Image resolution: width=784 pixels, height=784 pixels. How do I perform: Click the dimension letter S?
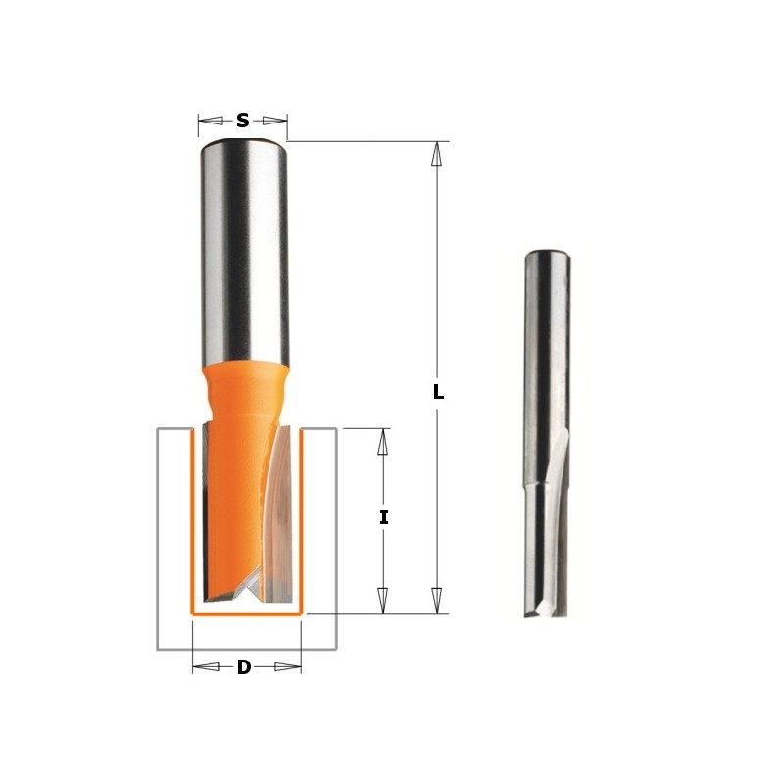tap(242, 122)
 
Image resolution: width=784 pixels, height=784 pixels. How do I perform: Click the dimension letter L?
tap(438, 392)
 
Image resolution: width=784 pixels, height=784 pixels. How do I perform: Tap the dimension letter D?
tap(244, 667)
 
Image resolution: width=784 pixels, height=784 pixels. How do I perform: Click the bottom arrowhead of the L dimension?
tap(438, 601)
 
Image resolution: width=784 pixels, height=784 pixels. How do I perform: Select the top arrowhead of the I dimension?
tap(384, 441)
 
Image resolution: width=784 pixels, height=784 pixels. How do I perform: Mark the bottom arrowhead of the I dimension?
tap(384, 601)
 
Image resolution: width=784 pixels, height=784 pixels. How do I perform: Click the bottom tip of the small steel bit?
tap(538, 612)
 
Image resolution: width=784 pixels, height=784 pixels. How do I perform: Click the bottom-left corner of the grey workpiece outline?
tap(159, 649)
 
